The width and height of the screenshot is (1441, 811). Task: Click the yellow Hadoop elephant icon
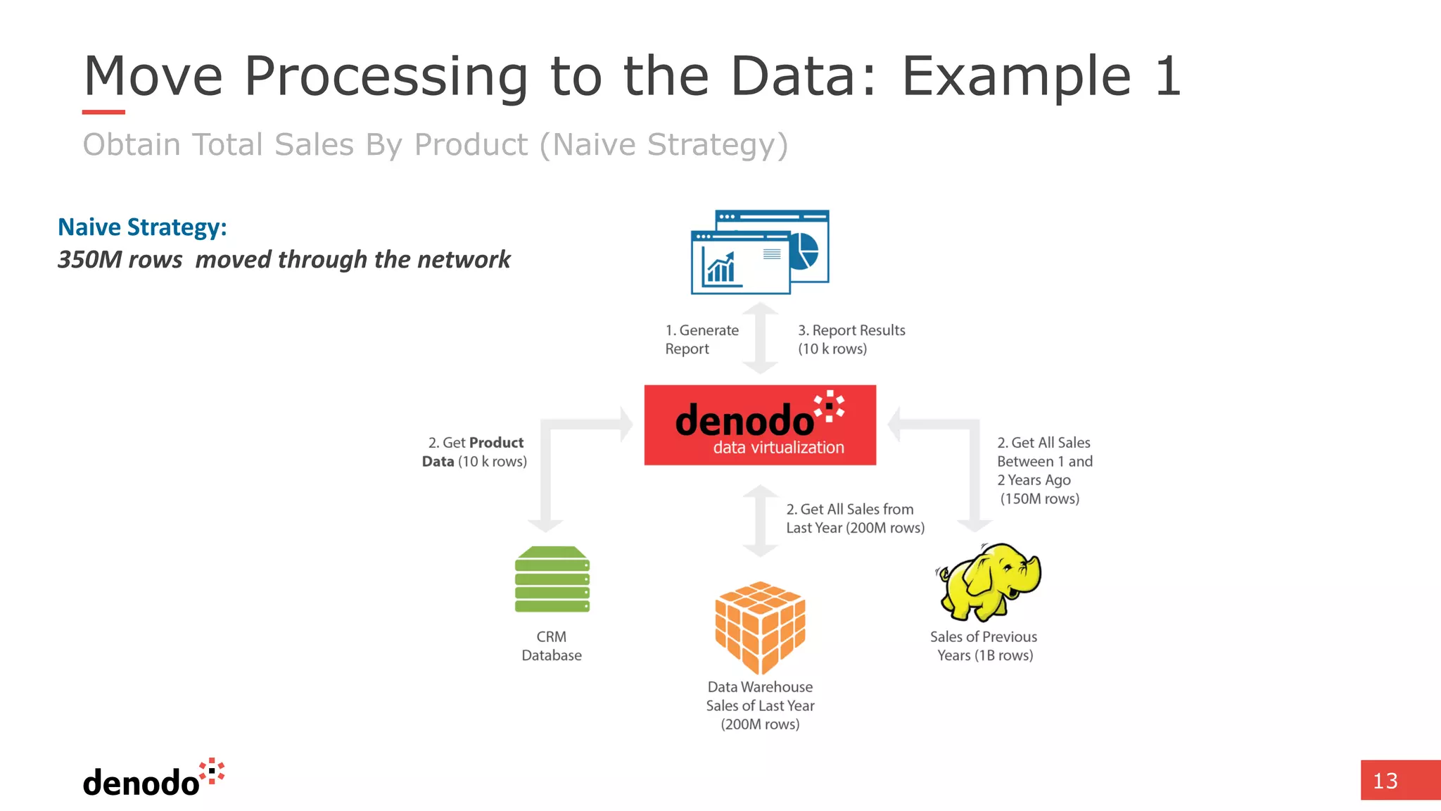[989, 582]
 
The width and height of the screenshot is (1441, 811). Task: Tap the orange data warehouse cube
[760, 627]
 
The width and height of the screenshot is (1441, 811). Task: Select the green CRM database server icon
[552, 579]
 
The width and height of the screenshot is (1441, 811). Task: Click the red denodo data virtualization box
[760, 425]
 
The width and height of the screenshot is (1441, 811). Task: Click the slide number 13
[1385, 781]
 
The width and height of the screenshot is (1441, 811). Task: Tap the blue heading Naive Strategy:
[142, 227]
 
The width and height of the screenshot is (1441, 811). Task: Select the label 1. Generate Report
[702, 339]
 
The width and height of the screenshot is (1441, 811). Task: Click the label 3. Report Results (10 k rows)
[851, 339]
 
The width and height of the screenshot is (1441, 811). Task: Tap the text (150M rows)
[1039, 498]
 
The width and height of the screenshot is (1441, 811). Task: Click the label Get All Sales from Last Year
[855, 518]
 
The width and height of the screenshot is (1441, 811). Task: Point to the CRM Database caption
[552, 646]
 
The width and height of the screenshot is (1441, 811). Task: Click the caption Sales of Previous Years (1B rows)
[984, 646]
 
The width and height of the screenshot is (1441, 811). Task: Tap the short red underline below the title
[103, 112]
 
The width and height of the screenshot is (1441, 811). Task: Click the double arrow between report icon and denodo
[760, 339]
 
